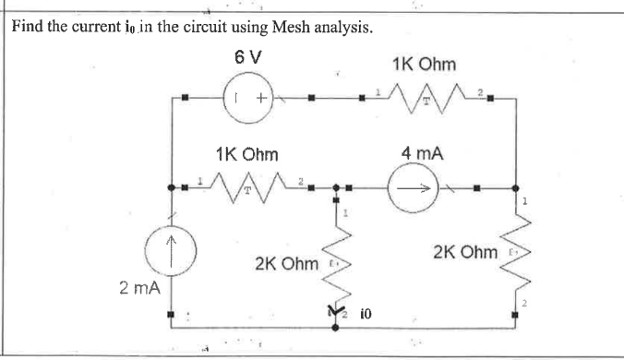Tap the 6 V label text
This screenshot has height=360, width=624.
pos(248,55)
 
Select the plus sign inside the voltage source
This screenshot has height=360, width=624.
pos(262,96)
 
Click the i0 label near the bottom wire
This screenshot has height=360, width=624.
pos(366,316)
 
